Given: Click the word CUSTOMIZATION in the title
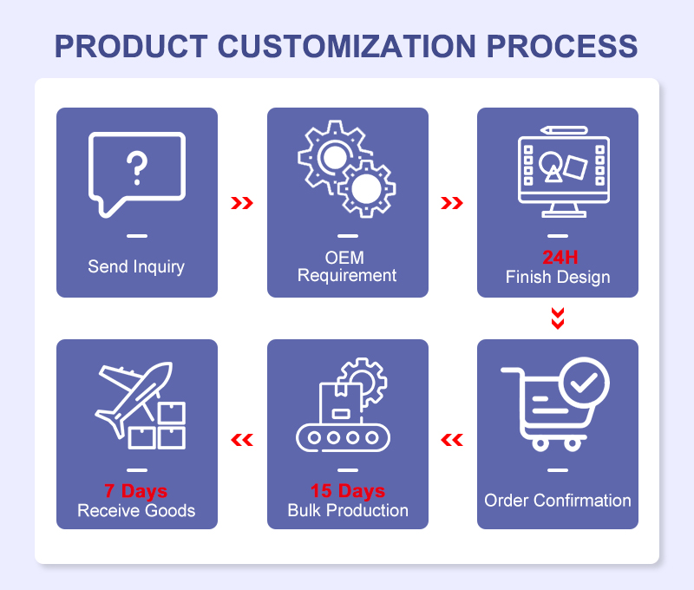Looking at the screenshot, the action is pos(346,46).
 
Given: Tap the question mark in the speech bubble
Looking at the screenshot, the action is pos(137,168).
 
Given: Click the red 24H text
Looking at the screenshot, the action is pos(560,257).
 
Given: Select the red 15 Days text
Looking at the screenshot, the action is pos(348,490).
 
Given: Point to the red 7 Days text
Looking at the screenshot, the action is pos(136,490).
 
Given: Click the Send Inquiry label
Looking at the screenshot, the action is pos(136,266).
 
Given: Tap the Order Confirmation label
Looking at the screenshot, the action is pos(558,500).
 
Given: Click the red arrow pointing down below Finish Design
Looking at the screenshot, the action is pos(558,318).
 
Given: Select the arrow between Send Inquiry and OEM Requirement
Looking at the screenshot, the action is pos(242,203).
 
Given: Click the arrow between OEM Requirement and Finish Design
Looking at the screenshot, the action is pos(452,203).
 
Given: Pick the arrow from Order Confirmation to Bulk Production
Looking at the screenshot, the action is pos(452,440).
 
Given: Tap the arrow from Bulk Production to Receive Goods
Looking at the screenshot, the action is pos(242,440).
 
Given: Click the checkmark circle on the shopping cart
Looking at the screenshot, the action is pos(584,382).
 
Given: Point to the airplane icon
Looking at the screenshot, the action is pos(134,399).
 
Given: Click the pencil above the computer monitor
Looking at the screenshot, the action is pos(564,130).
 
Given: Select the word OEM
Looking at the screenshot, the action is pos(344,257).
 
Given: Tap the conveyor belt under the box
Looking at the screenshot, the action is pos(343,438).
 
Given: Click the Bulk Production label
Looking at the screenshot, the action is pos(348,510).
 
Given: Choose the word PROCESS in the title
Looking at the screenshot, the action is pos(562,46).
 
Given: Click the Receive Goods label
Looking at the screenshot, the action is pos(136,510).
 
